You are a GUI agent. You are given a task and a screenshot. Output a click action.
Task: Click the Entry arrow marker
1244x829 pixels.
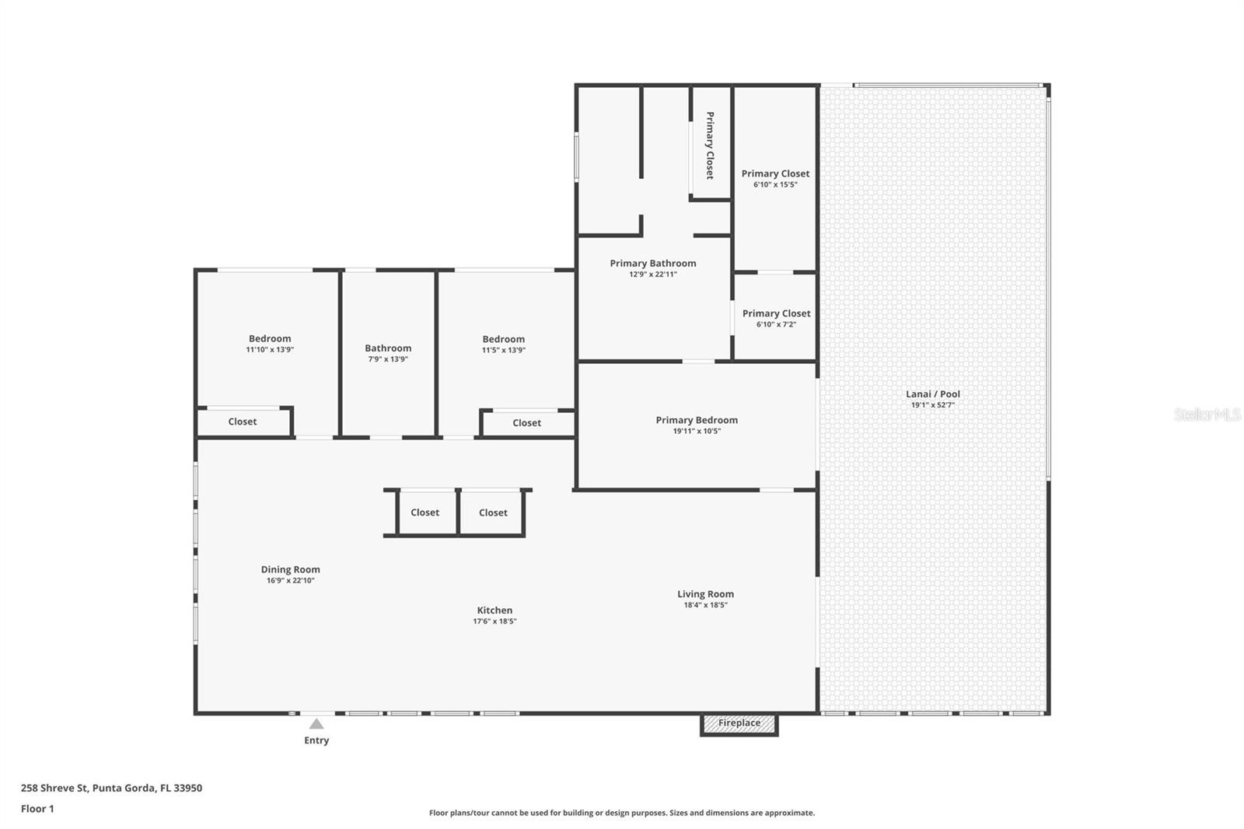(x=316, y=724)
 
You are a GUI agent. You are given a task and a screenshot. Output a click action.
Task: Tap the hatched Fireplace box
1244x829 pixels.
(x=739, y=724)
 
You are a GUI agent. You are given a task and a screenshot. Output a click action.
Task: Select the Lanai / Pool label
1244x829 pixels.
(x=933, y=394)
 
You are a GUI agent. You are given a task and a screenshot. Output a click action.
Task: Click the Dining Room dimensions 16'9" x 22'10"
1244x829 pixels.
(x=290, y=581)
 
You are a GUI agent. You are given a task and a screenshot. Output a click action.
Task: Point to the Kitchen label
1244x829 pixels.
(x=494, y=610)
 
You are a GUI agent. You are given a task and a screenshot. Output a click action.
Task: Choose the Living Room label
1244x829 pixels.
(x=705, y=594)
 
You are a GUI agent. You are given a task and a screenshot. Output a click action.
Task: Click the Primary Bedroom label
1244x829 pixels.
(x=697, y=420)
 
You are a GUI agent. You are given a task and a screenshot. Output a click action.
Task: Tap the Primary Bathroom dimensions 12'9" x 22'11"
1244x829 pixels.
(x=653, y=275)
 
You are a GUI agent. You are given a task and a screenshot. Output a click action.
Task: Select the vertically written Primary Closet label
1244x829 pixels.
(x=709, y=145)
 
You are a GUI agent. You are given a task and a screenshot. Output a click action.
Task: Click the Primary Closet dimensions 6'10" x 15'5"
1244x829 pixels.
(x=775, y=185)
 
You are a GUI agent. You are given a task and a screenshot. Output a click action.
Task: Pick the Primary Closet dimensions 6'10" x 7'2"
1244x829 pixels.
(x=776, y=325)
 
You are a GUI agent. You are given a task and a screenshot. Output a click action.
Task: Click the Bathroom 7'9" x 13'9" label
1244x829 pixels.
(x=388, y=348)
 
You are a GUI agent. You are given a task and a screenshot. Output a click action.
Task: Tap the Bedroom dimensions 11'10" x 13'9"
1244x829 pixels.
(x=270, y=350)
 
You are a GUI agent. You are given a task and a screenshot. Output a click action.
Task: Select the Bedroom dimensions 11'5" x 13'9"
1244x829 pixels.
(x=503, y=351)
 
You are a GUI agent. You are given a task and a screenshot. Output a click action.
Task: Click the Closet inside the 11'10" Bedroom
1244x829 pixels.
(x=242, y=421)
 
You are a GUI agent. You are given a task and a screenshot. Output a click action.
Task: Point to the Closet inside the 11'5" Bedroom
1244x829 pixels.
(x=526, y=423)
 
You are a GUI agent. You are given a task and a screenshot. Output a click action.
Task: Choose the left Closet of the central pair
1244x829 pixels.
(x=425, y=512)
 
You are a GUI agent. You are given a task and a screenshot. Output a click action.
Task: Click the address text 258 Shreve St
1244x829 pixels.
(x=111, y=788)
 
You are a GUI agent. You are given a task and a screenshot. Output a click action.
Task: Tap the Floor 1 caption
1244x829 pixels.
(x=37, y=809)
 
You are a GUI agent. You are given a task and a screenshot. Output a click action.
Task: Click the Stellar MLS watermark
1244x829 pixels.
(x=1207, y=414)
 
